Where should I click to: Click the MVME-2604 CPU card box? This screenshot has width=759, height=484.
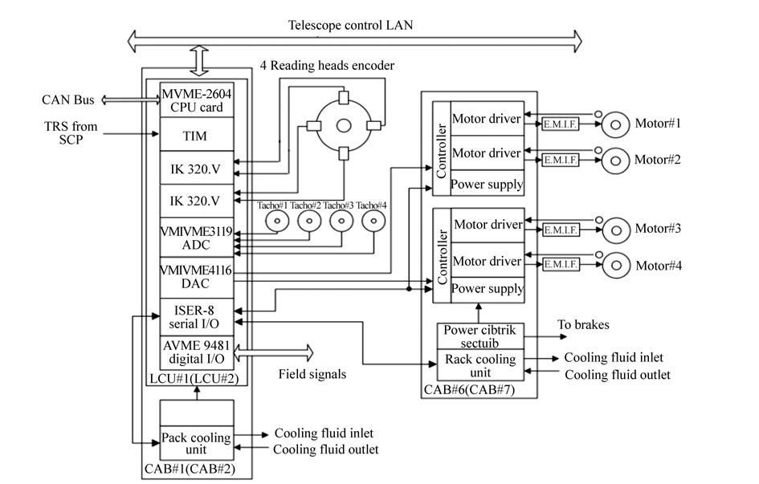coord(196,100)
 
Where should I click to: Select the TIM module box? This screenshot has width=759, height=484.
coord(196,136)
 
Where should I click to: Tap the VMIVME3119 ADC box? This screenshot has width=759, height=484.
coord(196,238)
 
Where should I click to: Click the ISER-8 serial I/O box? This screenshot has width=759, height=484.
coord(196,315)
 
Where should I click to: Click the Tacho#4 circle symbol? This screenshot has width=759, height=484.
coord(373,222)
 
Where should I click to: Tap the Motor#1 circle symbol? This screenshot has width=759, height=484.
coord(617,124)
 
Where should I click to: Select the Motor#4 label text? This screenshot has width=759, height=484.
coord(659,266)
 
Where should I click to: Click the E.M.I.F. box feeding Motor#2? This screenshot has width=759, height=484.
coord(561,160)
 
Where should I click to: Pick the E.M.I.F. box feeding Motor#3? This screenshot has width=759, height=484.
coord(561,230)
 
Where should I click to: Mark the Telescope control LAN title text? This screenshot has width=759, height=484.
coord(350,25)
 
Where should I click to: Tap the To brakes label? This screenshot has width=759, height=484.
coord(583,325)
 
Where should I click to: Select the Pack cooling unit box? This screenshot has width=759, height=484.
coord(196,443)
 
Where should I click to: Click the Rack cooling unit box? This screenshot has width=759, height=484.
coord(479,366)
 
